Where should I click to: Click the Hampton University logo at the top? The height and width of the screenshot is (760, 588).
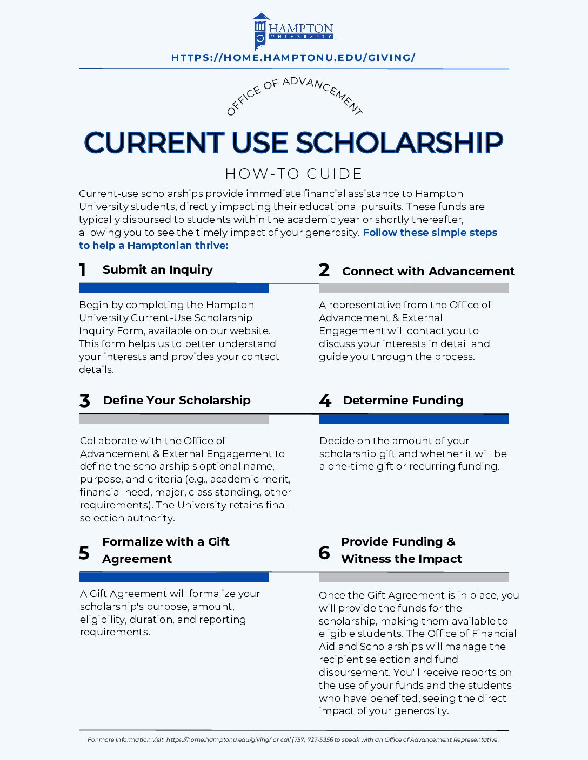[x=293, y=31]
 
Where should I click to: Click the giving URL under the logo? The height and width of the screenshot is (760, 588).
[x=293, y=58]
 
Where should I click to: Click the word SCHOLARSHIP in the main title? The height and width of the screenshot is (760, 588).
[x=399, y=142]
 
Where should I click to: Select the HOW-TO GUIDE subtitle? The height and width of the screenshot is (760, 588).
[x=293, y=174]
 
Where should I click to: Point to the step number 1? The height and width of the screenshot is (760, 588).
[x=83, y=270]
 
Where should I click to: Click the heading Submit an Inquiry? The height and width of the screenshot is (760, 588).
[x=158, y=270]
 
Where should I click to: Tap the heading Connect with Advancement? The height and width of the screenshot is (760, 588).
[x=428, y=271]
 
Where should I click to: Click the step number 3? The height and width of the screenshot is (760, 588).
[x=84, y=401]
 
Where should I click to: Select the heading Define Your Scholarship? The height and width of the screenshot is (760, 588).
[x=177, y=401]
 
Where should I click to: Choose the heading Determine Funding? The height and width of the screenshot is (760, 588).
[x=403, y=401]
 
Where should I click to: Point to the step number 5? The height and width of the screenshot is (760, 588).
[x=84, y=553]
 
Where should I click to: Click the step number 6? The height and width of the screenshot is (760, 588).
[x=324, y=553]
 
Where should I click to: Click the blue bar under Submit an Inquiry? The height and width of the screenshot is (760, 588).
[x=174, y=288]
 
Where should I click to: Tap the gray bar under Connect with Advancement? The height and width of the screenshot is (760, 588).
[x=414, y=288]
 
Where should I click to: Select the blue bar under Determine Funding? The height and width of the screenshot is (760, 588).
[x=414, y=419]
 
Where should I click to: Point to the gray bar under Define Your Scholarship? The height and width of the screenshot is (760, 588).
[x=174, y=419]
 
